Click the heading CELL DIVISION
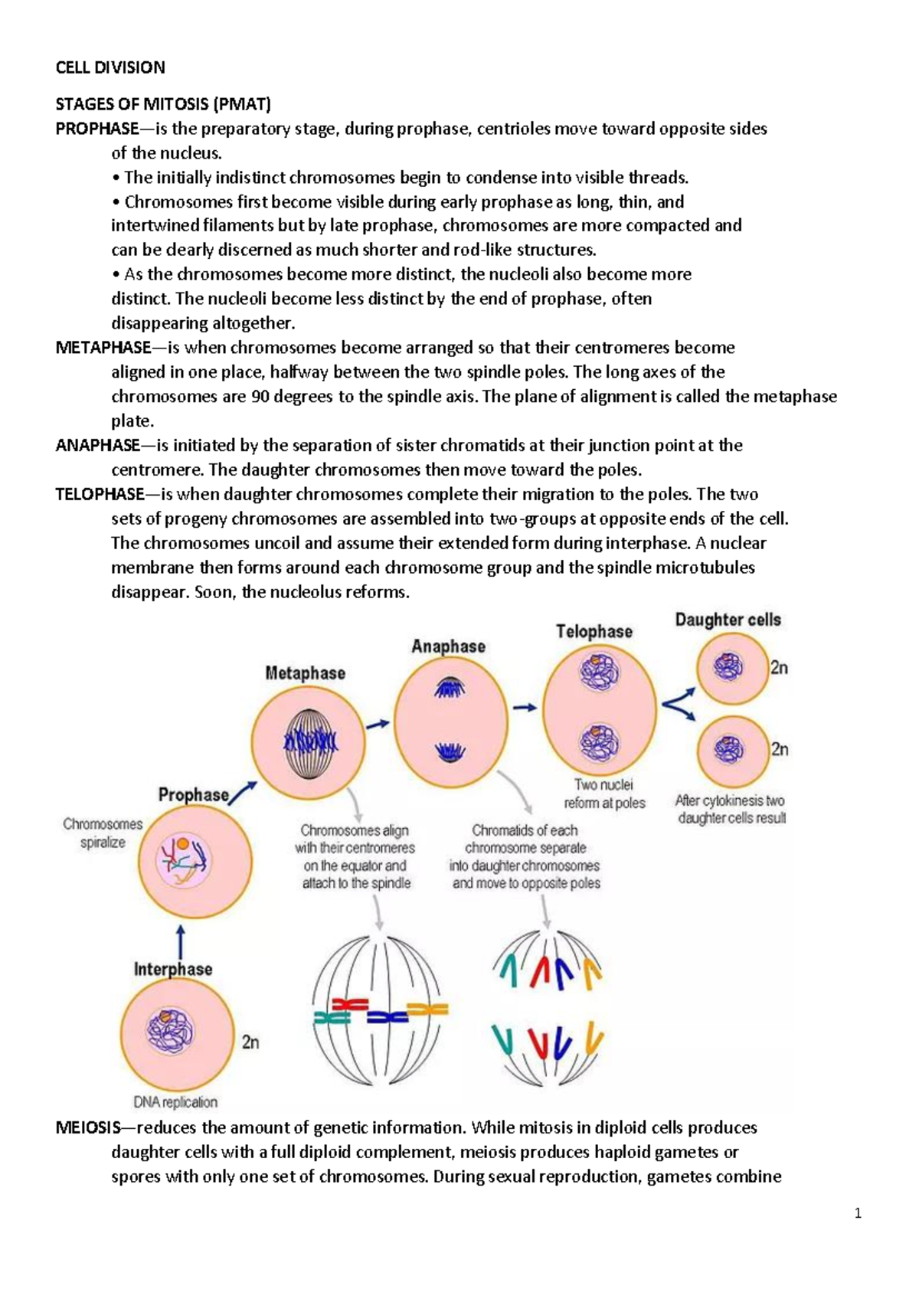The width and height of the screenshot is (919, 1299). [x=110, y=67]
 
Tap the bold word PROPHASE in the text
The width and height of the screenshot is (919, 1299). [x=97, y=129]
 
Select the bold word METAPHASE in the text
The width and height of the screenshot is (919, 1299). [x=103, y=348]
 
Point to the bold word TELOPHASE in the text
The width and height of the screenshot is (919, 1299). [x=100, y=494]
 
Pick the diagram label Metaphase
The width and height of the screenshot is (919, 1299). [x=305, y=673]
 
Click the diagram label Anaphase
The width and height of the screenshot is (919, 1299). [x=448, y=646]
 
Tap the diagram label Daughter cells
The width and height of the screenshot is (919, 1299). [x=728, y=620]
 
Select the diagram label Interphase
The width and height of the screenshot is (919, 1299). [x=173, y=969]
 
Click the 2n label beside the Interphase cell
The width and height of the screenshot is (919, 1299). [x=250, y=1042]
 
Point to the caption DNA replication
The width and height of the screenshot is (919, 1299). [x=175, y=1102]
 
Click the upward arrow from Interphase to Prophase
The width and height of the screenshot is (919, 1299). [x=180, y=941]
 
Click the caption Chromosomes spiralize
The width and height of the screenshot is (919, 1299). [x=103, y=833]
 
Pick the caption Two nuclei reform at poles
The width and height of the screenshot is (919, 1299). [x=604, y=793]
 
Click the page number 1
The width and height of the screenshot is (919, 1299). [x=858, y=1213]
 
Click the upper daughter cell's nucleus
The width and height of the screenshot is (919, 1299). [x=728, y=667]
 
